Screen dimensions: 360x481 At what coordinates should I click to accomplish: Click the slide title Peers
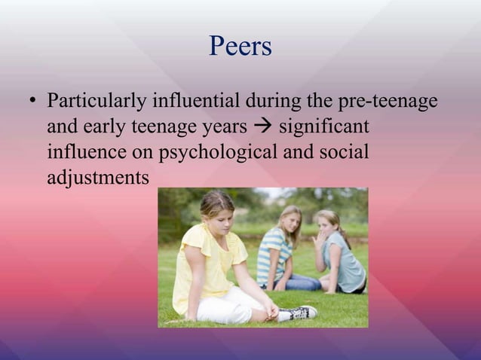click(240, 47)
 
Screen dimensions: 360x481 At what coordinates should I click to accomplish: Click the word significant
click(326, 126)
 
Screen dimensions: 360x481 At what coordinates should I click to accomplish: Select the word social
click(345, 151)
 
